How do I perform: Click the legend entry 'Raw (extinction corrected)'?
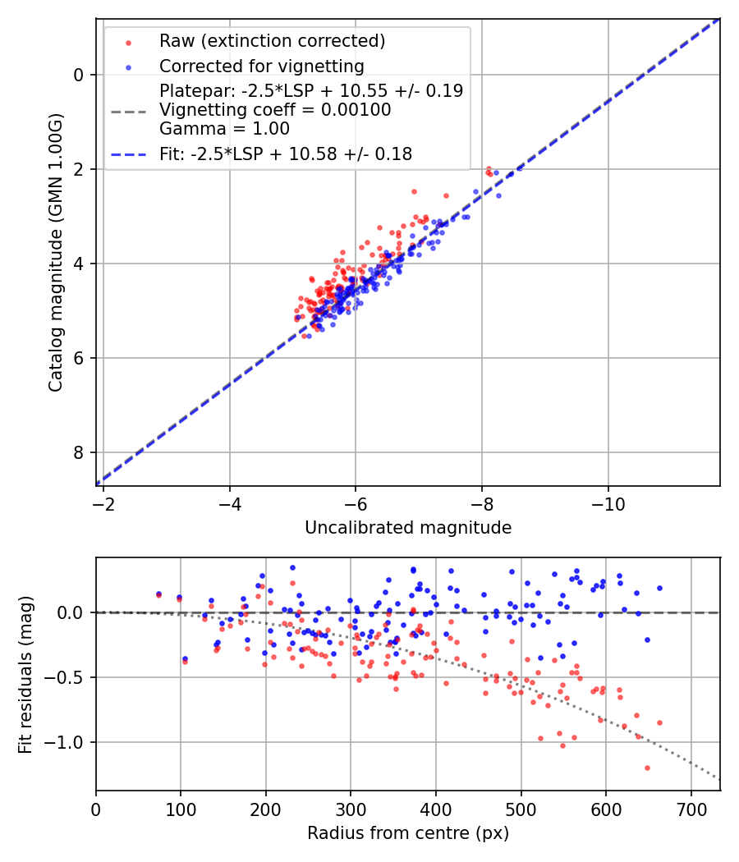[x=272, y=41]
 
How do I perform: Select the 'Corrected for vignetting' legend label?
[x=261, y=66]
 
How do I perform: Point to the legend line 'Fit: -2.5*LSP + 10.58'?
[x=286, y=154]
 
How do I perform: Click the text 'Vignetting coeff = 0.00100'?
[x=275, y=110]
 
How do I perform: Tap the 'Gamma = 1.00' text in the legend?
[x=224, y=129]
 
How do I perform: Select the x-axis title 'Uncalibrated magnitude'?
[x=408, y=528]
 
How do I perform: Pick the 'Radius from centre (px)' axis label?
[x=408, y=833]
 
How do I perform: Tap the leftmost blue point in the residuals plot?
[x=158, y=594]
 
